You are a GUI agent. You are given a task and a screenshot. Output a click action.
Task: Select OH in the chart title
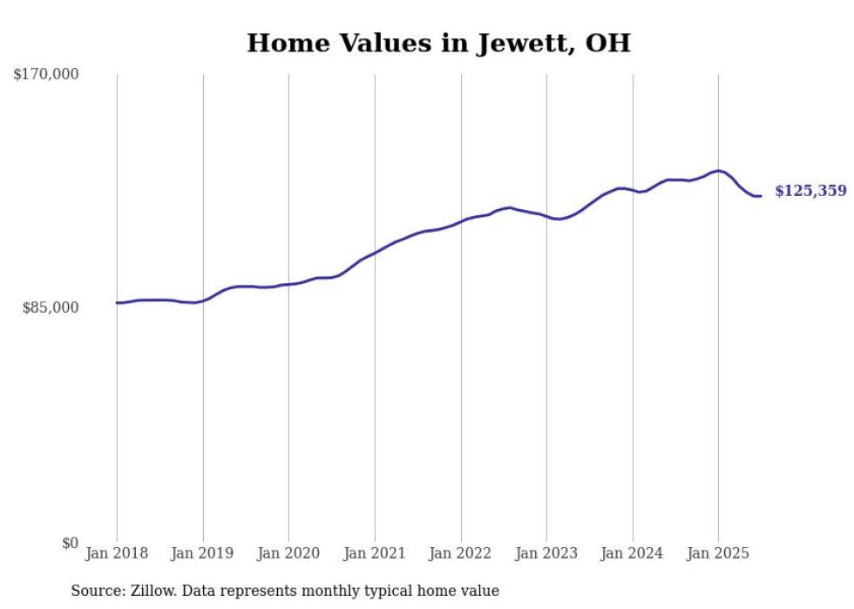tap(607, 43)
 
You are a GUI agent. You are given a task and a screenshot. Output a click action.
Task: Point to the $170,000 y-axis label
tap(46, 75)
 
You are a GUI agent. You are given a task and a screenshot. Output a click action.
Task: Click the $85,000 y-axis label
tap(51, 308)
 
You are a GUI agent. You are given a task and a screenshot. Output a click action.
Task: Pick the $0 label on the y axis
tap(70, 544)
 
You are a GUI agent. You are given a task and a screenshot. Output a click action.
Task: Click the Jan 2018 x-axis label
tap(117, 553)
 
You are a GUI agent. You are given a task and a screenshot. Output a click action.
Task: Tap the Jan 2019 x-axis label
tap(203, 553)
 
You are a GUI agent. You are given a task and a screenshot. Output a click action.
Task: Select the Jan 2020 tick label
tap(288, 553)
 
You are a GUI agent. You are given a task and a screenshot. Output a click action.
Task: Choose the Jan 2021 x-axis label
tap(375, 553)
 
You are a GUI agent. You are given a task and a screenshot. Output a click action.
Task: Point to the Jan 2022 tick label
tap(461, 553)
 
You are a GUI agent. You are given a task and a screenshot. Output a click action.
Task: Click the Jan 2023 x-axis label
tap(546, 553)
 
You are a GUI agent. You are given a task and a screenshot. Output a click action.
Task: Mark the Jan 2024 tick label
tap(633, 553)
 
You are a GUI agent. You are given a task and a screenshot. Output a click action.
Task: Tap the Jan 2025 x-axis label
tap(718, 553)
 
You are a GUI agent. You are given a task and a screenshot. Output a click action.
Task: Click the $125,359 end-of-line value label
tap(810, 191)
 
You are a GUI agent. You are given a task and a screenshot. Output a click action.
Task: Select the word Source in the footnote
tap(96, 591)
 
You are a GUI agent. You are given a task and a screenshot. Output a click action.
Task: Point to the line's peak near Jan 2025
tap(718, 171)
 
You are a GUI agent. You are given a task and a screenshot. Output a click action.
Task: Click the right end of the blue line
tap(761, 196)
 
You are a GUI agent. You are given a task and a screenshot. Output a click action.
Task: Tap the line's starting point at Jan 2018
tap(117, 302)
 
